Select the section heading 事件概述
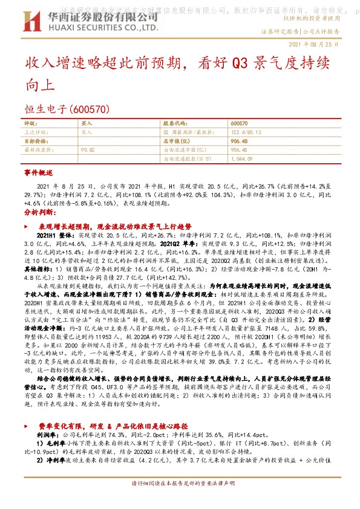point(39,173)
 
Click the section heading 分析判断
point(39,213)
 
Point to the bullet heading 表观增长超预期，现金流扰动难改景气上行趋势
point(106,225)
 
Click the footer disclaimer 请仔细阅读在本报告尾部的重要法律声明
point(183,484)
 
